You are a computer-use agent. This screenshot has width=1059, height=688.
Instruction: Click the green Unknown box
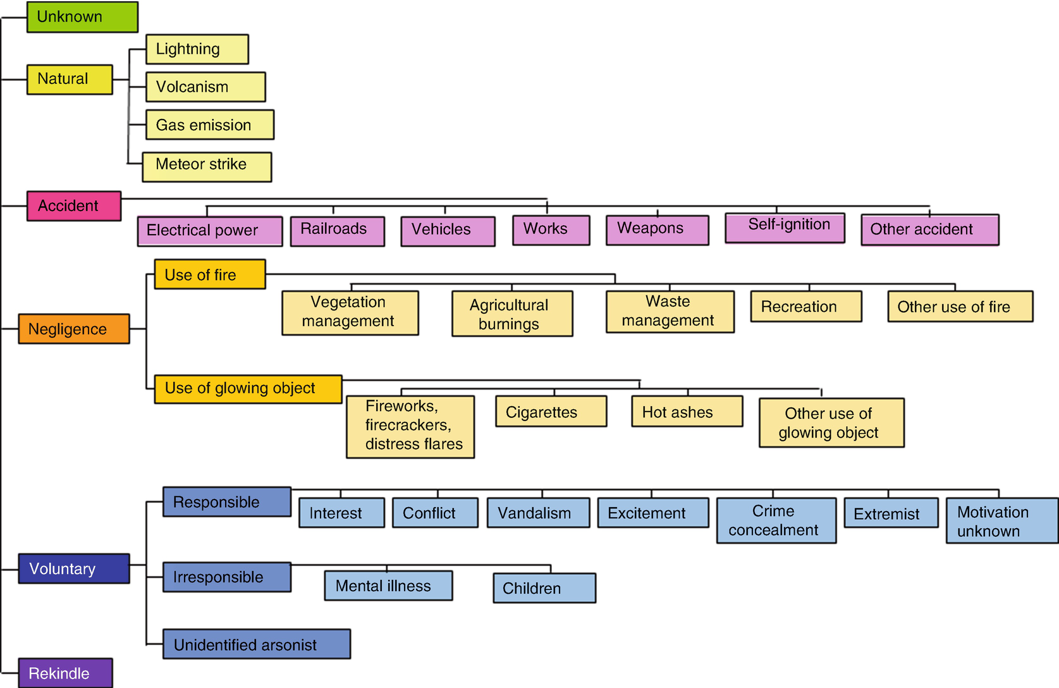(x=82, y=17)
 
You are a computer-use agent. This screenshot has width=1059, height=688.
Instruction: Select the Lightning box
(x=197, y=49)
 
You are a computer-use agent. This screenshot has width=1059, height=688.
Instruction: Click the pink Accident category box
(x=74, y=206)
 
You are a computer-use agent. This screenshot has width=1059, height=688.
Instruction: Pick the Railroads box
(x=337, y=231)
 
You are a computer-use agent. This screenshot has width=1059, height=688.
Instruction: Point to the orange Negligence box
(x=74, y=329)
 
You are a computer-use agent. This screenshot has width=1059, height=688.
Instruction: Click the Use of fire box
(x=210, y=274)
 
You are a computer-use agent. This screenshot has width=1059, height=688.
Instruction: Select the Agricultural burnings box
(x=512, y=314)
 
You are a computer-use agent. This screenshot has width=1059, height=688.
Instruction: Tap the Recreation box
(x=805, y=307)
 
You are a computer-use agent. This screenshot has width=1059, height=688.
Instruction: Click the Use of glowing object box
(x=248, y=389)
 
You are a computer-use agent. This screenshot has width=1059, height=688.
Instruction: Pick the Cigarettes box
(x=551, y=412)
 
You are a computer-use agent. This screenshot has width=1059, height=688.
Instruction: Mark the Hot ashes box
(x=687, y=412)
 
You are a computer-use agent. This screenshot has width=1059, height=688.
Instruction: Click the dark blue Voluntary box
(x=74, y=568)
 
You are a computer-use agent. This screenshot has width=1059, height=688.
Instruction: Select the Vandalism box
(x=538, y=513)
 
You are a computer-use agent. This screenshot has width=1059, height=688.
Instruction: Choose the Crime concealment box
(x=776, y=520)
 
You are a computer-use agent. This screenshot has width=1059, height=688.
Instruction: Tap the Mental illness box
(x=388, y=586)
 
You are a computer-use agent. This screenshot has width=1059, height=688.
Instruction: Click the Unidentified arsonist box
(x=256, y=644)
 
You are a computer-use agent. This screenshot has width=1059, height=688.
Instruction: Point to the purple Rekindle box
(x=66, y=673)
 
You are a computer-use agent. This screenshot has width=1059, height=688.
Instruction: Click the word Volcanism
(x=192, y=87)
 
